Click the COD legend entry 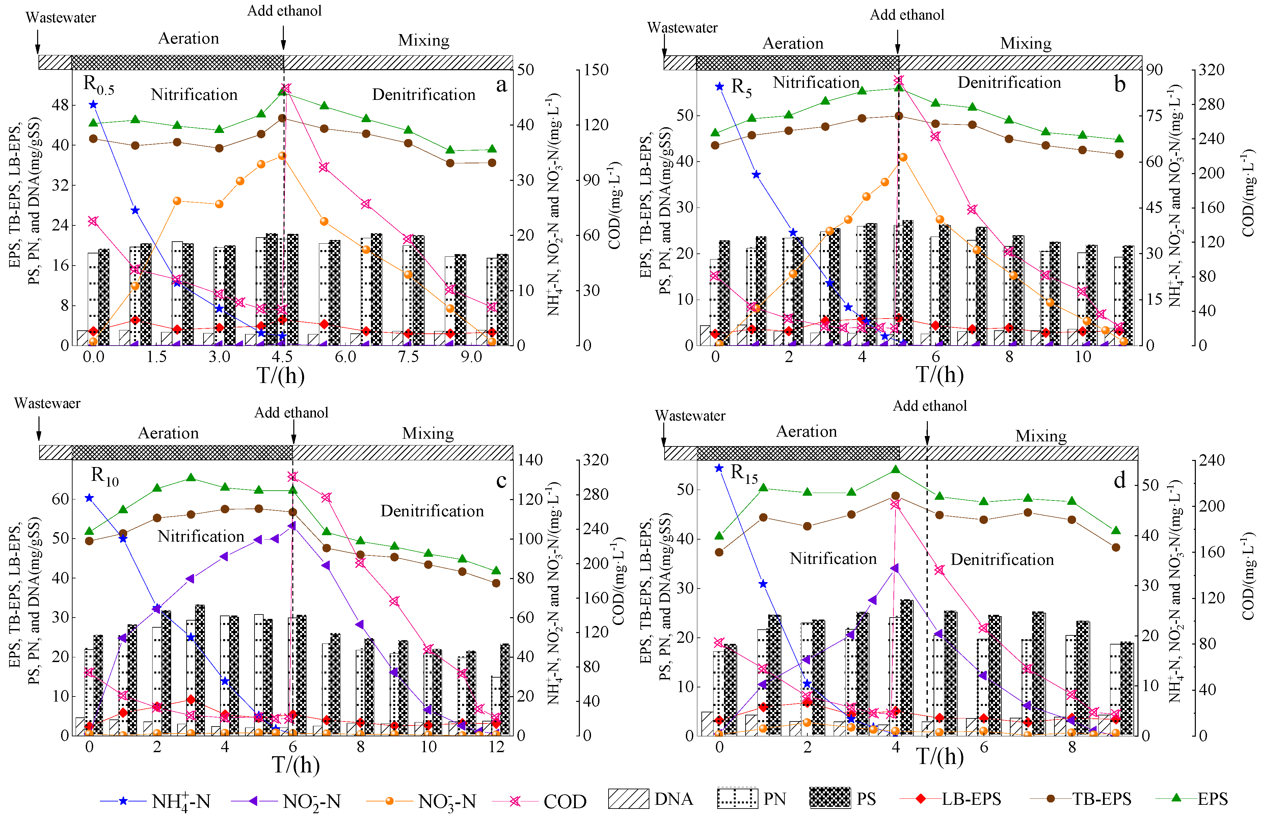click(x=564, y=801)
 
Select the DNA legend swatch click(x=628, y=799)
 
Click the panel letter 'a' click(x=501, y=85)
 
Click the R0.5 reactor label click(x=99, y=85)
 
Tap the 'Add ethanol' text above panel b click(x=907, y=15)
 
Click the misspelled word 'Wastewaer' click(x=47, y=403)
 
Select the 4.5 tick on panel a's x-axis click(x=282, y=357)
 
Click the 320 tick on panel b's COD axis click(x=1211, y=70)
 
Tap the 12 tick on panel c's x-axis click(x=496, y=747)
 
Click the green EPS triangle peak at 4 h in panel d click(x=895, y=470)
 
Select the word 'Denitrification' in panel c click(x=432, y=511)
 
